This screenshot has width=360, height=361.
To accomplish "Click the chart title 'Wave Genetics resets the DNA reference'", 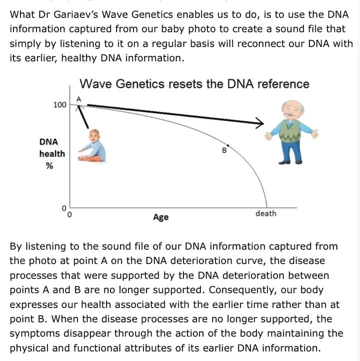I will coord(194,83).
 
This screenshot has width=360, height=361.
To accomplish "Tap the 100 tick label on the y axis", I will coord(59,105).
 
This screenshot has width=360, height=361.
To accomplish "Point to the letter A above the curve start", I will coord(78,98).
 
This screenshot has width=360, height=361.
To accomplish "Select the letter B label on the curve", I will coord(224,149).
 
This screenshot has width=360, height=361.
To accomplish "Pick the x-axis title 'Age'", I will coord(160,217).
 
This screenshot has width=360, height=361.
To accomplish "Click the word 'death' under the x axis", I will coord(265,213).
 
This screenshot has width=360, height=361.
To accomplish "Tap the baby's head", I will coord(94,135).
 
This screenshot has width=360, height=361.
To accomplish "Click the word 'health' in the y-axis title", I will coord(52,154).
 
